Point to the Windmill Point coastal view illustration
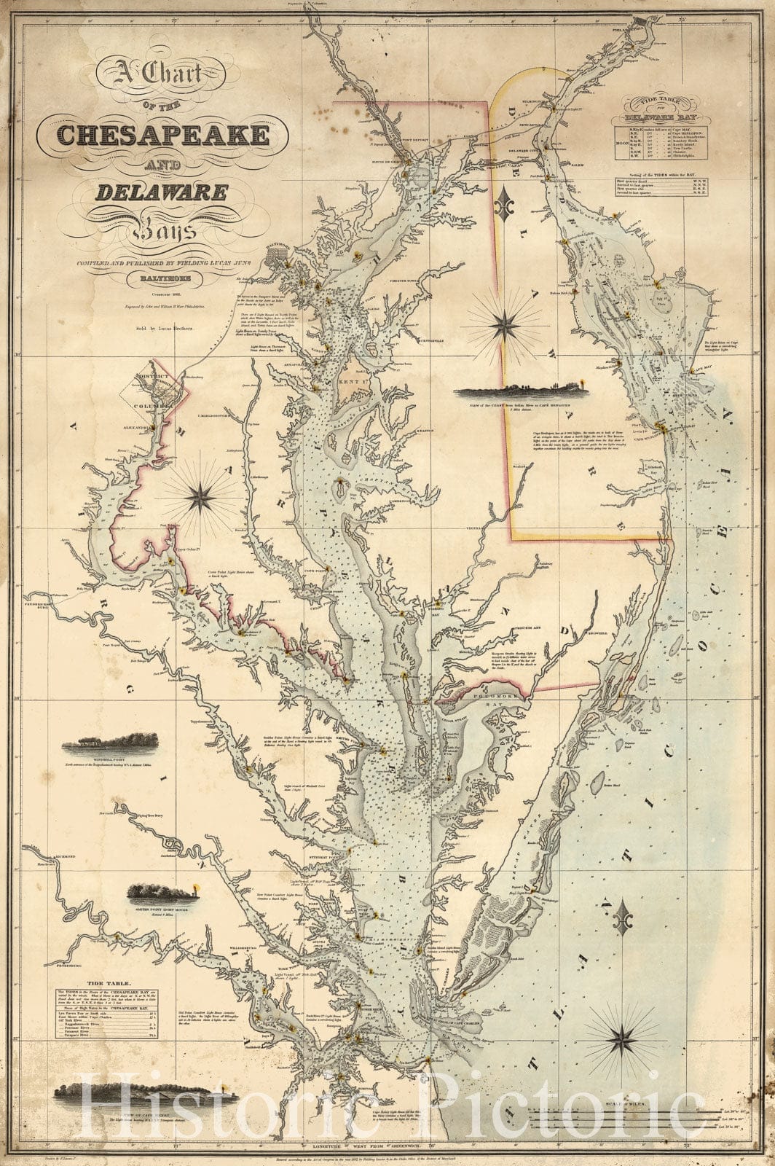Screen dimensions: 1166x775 [x=111, y=744]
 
